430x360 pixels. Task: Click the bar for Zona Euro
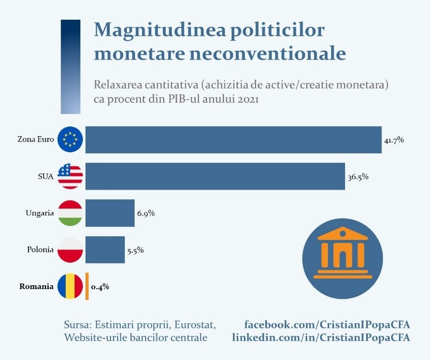[233, 139]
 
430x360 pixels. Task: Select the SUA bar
[215, 176]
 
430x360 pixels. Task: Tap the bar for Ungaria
[110, 213]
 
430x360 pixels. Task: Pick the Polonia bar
[105, 250]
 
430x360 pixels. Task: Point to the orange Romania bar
[87, 286]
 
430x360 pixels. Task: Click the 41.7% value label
[394, 140]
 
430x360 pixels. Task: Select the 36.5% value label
[358, 177]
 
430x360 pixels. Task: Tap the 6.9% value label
[146, 213]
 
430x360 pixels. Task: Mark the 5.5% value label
[135, 250]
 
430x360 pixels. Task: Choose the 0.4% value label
[100, 286]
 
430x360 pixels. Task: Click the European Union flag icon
[70, 139]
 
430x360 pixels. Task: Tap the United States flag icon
[70, 176]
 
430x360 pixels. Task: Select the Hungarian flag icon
[70, 213]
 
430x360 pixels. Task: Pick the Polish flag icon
[70, 250]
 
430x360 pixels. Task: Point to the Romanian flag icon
[70, 286]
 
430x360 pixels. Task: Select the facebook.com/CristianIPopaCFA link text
[327, 325]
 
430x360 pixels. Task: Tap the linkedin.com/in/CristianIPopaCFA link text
[321, 337]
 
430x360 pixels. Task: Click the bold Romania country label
[36, 286]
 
